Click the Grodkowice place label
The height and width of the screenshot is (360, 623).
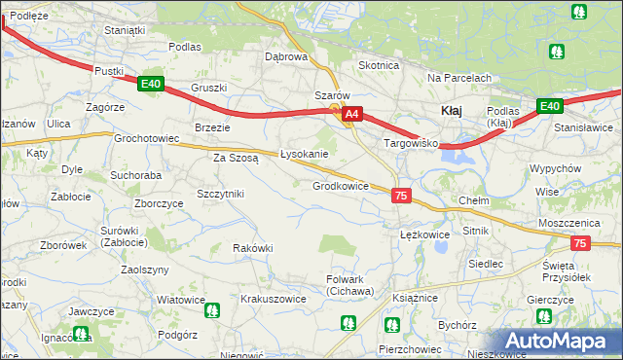click(340, 186)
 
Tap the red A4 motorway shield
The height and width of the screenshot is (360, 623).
click(353, 114)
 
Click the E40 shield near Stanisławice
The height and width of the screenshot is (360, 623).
click(550, 105)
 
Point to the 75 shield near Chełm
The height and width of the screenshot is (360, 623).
click(401, 196)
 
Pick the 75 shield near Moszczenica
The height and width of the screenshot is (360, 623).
click(580, 243)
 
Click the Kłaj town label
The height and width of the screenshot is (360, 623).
click(452, 110)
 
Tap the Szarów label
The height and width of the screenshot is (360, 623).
click(332, 95)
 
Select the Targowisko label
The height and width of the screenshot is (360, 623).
click(412, 143)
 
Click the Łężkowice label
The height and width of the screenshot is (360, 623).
click(424, 234)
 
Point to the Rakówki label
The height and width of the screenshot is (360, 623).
click(252, 248)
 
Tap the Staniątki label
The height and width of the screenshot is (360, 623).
click(125, 30)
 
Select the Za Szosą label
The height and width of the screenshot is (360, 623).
click(236, 157)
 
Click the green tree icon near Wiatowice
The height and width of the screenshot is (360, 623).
click(212, 311)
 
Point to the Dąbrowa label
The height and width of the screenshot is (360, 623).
click(286, 56)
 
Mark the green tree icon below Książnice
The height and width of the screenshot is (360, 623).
click(392, 325)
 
